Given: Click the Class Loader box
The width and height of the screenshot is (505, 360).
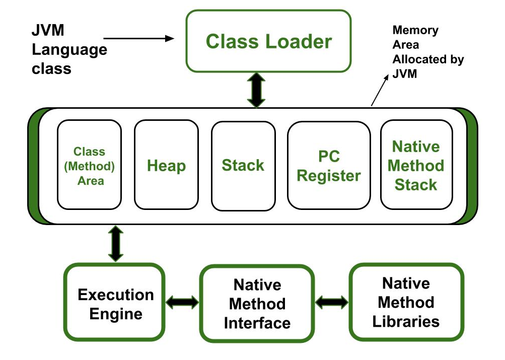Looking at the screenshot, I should (x=268, y=41).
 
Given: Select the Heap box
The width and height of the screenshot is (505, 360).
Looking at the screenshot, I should (x=166, y=165).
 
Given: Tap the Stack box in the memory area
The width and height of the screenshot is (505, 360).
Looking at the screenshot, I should (x=243, y=165).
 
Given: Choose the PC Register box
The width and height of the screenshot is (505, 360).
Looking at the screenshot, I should (x=329, y=165).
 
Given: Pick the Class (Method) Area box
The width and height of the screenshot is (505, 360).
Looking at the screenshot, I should (x=89, y=165).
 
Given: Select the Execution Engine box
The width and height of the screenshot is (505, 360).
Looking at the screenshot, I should (x=115, y=303).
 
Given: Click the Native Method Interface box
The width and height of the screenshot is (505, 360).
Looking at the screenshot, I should (x=257, y=303).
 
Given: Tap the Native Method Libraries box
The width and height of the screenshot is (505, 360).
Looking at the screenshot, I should (x=406, y=302).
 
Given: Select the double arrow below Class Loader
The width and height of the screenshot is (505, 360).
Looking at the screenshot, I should (x=256, y=90).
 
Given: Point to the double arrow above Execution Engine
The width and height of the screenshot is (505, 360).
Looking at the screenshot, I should (x=115, y=244).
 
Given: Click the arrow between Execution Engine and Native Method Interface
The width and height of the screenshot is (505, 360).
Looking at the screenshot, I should (x=182, y=302).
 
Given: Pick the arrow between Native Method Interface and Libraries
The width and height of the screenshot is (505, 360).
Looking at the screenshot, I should (x=332, y=302).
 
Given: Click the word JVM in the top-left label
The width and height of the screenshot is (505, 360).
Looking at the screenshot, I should (x=48, y=31).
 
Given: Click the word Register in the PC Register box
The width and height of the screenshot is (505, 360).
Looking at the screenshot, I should (x=329, y=175).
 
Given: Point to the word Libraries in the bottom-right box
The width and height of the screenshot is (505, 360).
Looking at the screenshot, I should (x=406, y=321).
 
